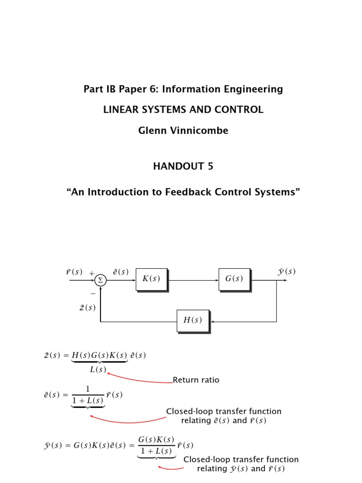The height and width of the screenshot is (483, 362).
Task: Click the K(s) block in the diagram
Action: click(151, 279)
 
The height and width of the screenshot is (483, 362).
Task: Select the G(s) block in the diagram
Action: click(234, 279)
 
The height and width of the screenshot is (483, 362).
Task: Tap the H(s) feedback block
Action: click(192, 320)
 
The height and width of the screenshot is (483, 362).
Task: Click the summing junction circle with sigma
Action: click(100, 281)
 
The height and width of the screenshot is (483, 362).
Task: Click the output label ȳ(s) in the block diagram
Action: click(287, 272)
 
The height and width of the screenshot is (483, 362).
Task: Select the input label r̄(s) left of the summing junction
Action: click(74, 272)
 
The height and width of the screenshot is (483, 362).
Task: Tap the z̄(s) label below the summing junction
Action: click(87, 308)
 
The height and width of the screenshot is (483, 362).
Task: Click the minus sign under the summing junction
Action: click(92, 293)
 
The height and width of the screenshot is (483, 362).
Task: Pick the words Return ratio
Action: click(196, 380)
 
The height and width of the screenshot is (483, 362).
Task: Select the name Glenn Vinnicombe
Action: click(183, 131)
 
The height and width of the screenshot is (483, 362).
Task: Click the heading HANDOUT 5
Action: click(183, 167)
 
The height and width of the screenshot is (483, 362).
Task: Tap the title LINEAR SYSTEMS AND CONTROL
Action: click(183, 110)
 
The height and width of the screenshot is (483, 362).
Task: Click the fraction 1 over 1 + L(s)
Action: click(88, 395)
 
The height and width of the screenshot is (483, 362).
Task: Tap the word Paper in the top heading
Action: click(127, 89)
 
